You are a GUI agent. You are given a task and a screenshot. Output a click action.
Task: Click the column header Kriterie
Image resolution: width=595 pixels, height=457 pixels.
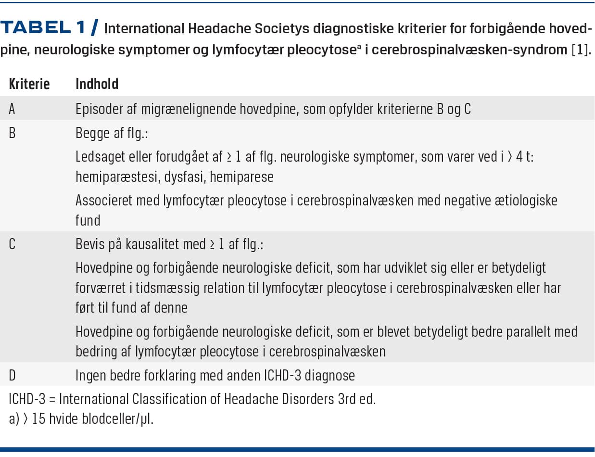29,84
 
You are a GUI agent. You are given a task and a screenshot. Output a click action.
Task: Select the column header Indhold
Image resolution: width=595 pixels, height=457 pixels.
97,84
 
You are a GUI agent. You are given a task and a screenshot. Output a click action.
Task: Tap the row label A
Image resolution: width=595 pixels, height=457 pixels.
12,109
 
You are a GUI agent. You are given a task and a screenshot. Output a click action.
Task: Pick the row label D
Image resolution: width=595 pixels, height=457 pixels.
13,375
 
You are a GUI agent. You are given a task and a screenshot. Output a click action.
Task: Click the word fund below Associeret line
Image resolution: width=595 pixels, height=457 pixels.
88,220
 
